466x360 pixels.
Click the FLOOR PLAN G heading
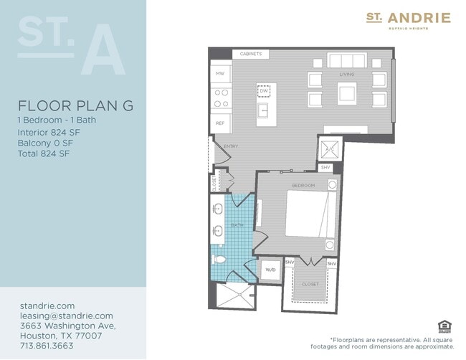[75, 105]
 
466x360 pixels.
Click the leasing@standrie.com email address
[66, 316]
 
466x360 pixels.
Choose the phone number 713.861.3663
[47, 345]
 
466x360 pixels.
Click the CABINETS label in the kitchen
[250, 54]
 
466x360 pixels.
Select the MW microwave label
[220, 73]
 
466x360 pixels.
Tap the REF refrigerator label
[220, 123]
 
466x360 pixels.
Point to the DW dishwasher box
[264, 91]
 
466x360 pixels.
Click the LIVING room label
[347, 74]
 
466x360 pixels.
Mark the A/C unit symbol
[331, 148]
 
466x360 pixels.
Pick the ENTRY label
[231, 146]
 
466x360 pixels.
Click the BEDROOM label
[303, 186]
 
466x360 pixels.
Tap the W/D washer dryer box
[270, 270]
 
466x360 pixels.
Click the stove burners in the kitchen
[221, 98]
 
